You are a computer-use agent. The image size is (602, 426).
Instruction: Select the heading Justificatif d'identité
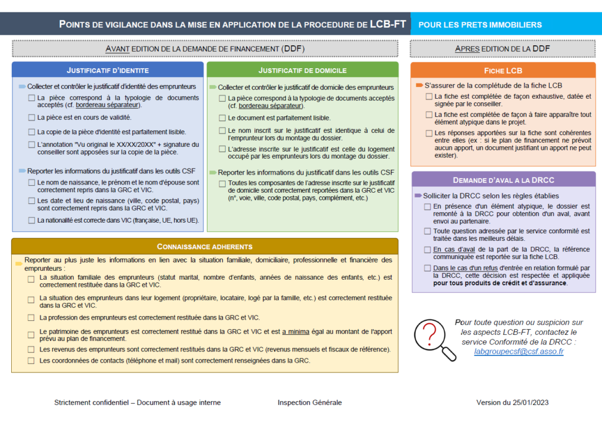pos(108,71)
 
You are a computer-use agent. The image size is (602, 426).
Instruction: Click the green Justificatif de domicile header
pos(302,71)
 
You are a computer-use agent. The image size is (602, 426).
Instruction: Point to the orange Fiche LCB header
pos(503,71)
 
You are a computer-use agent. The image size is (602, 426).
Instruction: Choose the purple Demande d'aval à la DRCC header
pos(503,180)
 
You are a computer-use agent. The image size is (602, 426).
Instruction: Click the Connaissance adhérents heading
pos(205,247)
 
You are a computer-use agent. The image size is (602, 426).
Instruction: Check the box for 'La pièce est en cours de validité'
pos(31,118)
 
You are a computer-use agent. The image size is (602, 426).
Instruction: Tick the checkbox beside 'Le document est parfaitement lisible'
pos(222,118)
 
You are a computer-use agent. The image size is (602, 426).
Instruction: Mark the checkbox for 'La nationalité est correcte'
pos(31,220)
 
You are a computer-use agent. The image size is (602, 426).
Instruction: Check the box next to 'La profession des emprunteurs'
pos(31,318)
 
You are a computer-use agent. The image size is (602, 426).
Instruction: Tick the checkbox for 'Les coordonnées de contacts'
pos(31,360)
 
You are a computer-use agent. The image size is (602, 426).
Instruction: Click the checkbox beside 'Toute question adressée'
pos(427,232)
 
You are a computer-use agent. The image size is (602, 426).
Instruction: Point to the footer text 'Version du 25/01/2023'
pos(512,402)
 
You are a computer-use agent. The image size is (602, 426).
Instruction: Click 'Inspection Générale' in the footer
pos(310,402)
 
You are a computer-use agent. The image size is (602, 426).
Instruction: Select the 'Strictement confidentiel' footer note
pos(138,402)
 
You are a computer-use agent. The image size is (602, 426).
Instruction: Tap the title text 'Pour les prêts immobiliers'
pos(480,25)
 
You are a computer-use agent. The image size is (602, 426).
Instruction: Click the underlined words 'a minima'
pos(296,331)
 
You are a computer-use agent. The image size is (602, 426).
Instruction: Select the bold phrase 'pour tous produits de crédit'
pos(500,283)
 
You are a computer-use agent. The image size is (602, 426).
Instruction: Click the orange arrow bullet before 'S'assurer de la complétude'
pos(419,85)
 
